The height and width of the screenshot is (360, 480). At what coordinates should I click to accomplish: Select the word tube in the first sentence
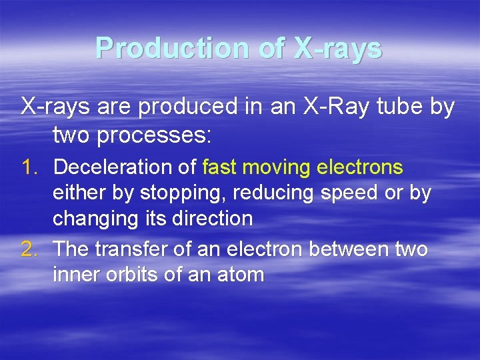tap(403, 107)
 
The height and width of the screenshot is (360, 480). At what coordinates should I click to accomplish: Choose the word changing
tap(94, 218)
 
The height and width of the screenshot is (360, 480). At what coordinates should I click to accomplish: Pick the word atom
tap(242, 274)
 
